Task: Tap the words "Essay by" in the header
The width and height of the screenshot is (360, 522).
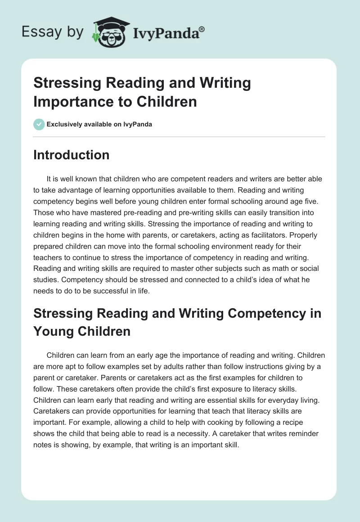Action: (52, 32)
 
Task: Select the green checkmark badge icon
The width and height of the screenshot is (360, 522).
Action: (39, 124)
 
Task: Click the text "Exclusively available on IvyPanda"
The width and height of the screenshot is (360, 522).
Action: (99, 124)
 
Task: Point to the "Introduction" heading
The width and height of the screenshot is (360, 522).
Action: (71, 155)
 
